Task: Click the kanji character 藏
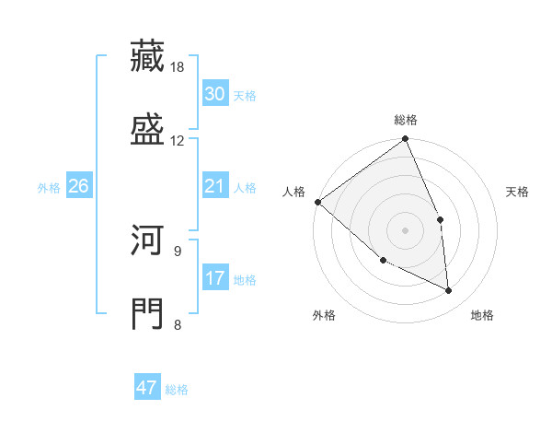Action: point(148,56)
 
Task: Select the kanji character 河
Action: point(148,241)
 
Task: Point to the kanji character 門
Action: point(148,313)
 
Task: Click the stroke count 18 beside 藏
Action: point(178,67)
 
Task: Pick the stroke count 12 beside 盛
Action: point(178,140)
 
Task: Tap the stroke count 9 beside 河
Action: point(178,251)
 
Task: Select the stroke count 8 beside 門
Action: point(178,323)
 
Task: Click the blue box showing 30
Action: point(215,94)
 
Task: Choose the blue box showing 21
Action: point(215,187)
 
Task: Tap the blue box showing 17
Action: point(215,278)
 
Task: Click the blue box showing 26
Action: point(78,187)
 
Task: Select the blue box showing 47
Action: point(147,388)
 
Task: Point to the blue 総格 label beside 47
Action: point(177,390)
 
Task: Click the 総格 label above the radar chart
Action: point(406,120)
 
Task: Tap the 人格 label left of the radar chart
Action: point(293,192)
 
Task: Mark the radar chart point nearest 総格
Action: point(406,140)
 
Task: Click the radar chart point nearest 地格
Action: point(448,290)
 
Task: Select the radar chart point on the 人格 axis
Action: point(317,202)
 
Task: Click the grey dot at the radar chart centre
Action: point(405,230)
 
